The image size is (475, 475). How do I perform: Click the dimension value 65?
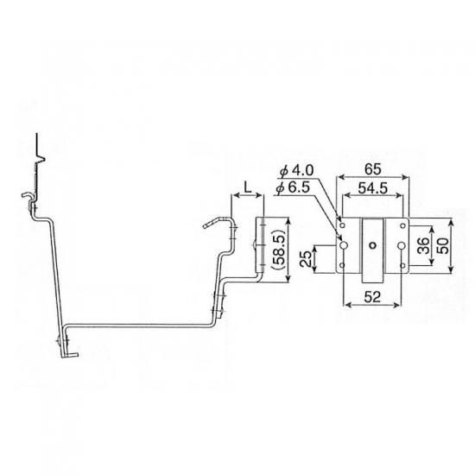372,169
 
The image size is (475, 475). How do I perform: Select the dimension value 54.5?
372,188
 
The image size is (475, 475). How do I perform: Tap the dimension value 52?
372,297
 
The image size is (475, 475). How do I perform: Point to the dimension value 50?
444,246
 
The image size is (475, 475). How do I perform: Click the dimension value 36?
423,245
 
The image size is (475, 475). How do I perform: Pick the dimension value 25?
307,258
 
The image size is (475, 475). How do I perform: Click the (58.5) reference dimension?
277,250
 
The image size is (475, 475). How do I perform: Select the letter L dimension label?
248,188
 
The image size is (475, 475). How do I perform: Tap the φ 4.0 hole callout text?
297,171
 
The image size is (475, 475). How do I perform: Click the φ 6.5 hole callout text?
294,188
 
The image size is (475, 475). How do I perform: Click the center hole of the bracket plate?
372,245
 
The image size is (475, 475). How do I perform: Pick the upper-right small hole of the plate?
403,225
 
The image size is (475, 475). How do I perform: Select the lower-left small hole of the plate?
342,266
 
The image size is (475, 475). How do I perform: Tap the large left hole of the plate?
344,245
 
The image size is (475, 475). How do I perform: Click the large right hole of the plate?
402,245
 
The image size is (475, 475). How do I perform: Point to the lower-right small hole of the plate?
403,266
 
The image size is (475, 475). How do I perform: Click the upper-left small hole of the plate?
342,225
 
